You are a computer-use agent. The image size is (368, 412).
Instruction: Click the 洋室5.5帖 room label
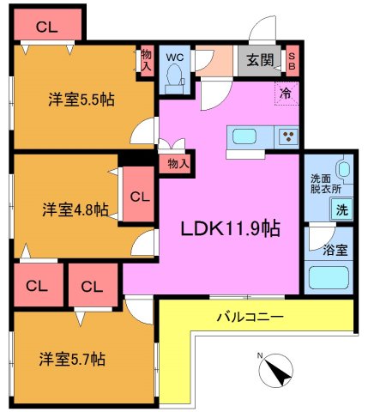tap(81, 98)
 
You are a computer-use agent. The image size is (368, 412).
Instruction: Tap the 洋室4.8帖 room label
tap(76, 209)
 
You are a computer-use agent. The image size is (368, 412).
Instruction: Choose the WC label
tap(175, 58)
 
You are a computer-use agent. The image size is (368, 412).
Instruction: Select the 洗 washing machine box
tap(341, 209)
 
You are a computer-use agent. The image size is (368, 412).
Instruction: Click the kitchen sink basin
tap(241, 136)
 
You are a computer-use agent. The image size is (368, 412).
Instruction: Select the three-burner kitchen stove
tap(287, 136)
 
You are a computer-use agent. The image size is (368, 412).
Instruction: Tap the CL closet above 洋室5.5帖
tap(47, 27)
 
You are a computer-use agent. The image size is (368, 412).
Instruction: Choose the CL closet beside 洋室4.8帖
tap(139, 196)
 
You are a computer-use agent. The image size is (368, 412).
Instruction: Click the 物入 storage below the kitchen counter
tap(176, 161)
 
